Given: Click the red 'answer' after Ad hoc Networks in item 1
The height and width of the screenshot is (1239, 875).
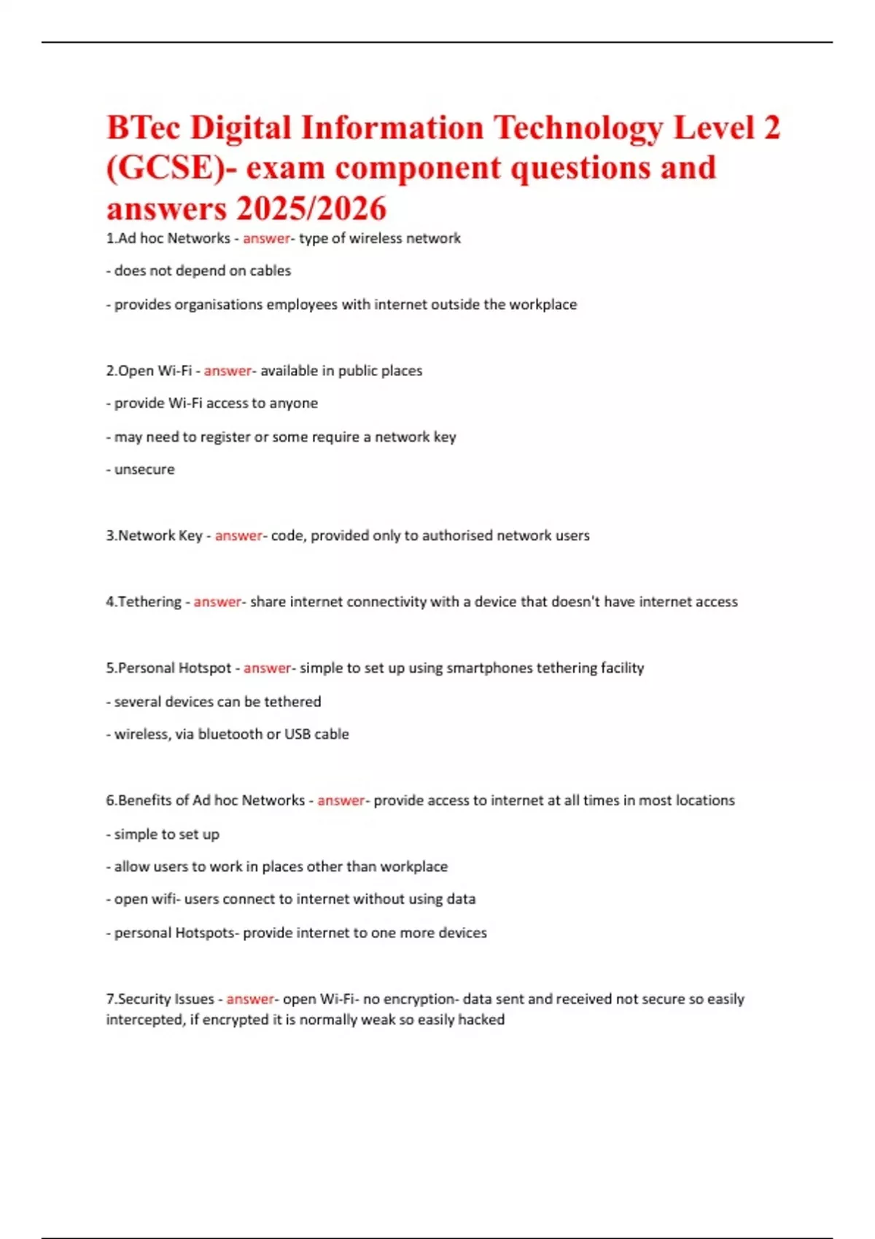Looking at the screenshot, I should pyautogui.click(x=266, y=238).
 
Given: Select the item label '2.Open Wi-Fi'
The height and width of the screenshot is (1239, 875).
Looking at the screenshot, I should pyautogui.click(x=149, y=370).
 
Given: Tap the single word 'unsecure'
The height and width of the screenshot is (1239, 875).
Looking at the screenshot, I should pyautogui.click(x=144, y=469).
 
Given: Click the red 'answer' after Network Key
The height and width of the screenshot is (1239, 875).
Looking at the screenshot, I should pyautogui.click(x=238, y=536).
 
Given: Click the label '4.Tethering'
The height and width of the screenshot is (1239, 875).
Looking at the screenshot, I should pyautogui.click(x=144, y=602).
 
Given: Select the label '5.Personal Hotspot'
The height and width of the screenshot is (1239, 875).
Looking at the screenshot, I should pyautogui.click(x=168, y=668).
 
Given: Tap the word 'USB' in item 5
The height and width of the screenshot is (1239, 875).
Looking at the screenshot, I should pyautogui.click(x=297, y=734).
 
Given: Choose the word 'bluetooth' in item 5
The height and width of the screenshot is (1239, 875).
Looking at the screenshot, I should pyautogui.click(x=230, y=734).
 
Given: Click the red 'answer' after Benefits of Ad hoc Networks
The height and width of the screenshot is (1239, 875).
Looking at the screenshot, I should pyautogui.click(x=341, y=800).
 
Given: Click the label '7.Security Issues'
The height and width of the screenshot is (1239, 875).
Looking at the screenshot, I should pyautogui.click(x=160, y=999).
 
